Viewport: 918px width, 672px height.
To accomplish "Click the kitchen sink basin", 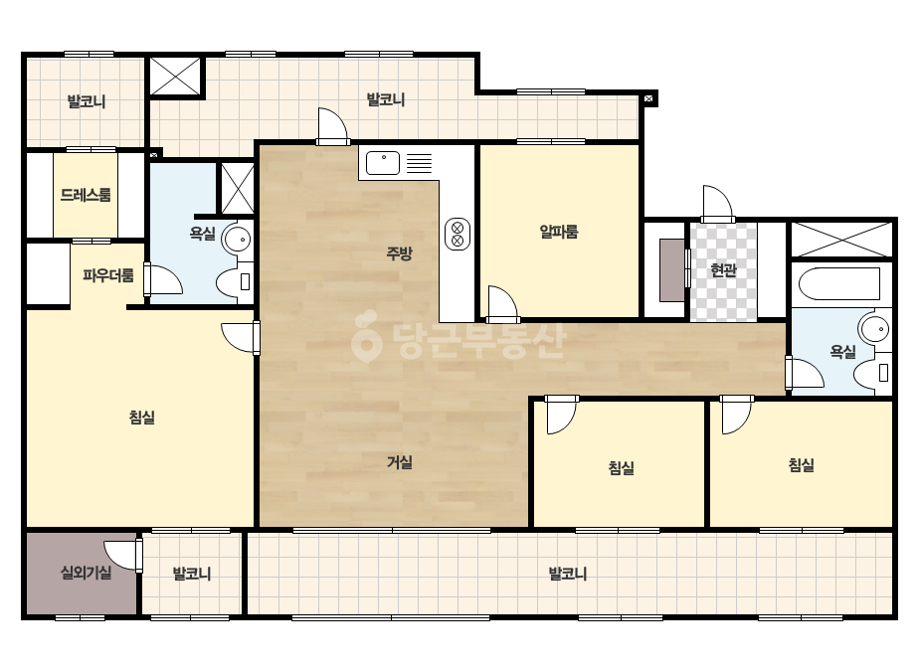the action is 383,163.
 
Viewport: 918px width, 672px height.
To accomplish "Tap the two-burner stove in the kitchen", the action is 458,234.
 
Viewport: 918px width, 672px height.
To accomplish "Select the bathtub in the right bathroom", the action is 839,284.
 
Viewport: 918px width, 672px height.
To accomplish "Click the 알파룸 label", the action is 559,232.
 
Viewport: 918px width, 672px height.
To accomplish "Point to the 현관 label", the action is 723,269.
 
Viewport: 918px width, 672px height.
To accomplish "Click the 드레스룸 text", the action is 86,194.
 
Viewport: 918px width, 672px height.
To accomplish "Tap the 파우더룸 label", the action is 107,275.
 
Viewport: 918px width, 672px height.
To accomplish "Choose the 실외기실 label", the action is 87,572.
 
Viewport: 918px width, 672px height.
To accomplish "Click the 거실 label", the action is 399,462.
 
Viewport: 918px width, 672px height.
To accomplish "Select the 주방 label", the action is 399,252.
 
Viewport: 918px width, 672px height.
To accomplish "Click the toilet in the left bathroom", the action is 234,282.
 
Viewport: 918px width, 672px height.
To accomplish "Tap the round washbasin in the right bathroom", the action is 874,329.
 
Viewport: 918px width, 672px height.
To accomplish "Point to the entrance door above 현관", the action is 718,203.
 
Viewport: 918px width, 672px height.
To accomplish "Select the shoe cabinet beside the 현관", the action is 671,269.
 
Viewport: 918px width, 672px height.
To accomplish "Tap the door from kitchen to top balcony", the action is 332,126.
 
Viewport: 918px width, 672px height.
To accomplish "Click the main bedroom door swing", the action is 241,338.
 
